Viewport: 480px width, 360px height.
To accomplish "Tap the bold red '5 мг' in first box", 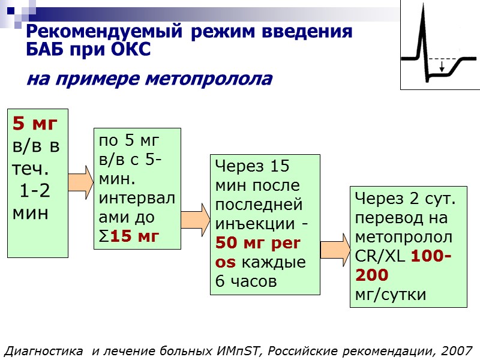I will (35, 124).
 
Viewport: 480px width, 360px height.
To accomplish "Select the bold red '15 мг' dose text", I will (134, 236).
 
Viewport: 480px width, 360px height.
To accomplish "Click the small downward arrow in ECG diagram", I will (442, 66).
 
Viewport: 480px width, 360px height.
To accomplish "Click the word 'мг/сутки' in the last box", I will (391, 294).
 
